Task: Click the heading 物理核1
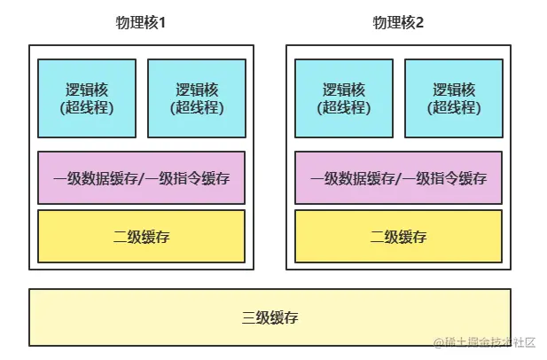141,22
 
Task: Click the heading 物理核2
398,22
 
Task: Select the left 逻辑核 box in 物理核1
87,98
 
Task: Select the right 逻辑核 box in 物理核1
197,98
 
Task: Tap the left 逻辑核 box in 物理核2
344,98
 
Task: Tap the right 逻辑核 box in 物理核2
454,98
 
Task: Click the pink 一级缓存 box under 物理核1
141,178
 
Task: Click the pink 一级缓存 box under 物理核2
398,178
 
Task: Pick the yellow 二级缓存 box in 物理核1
141,237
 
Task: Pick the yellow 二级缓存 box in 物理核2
398,237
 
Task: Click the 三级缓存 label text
270,317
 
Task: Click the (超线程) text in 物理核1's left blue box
87,108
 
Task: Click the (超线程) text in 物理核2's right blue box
454,108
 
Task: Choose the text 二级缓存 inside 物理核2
398,237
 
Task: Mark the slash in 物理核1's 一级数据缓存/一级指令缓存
143,178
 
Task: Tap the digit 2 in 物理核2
420,22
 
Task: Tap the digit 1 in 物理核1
163,22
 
